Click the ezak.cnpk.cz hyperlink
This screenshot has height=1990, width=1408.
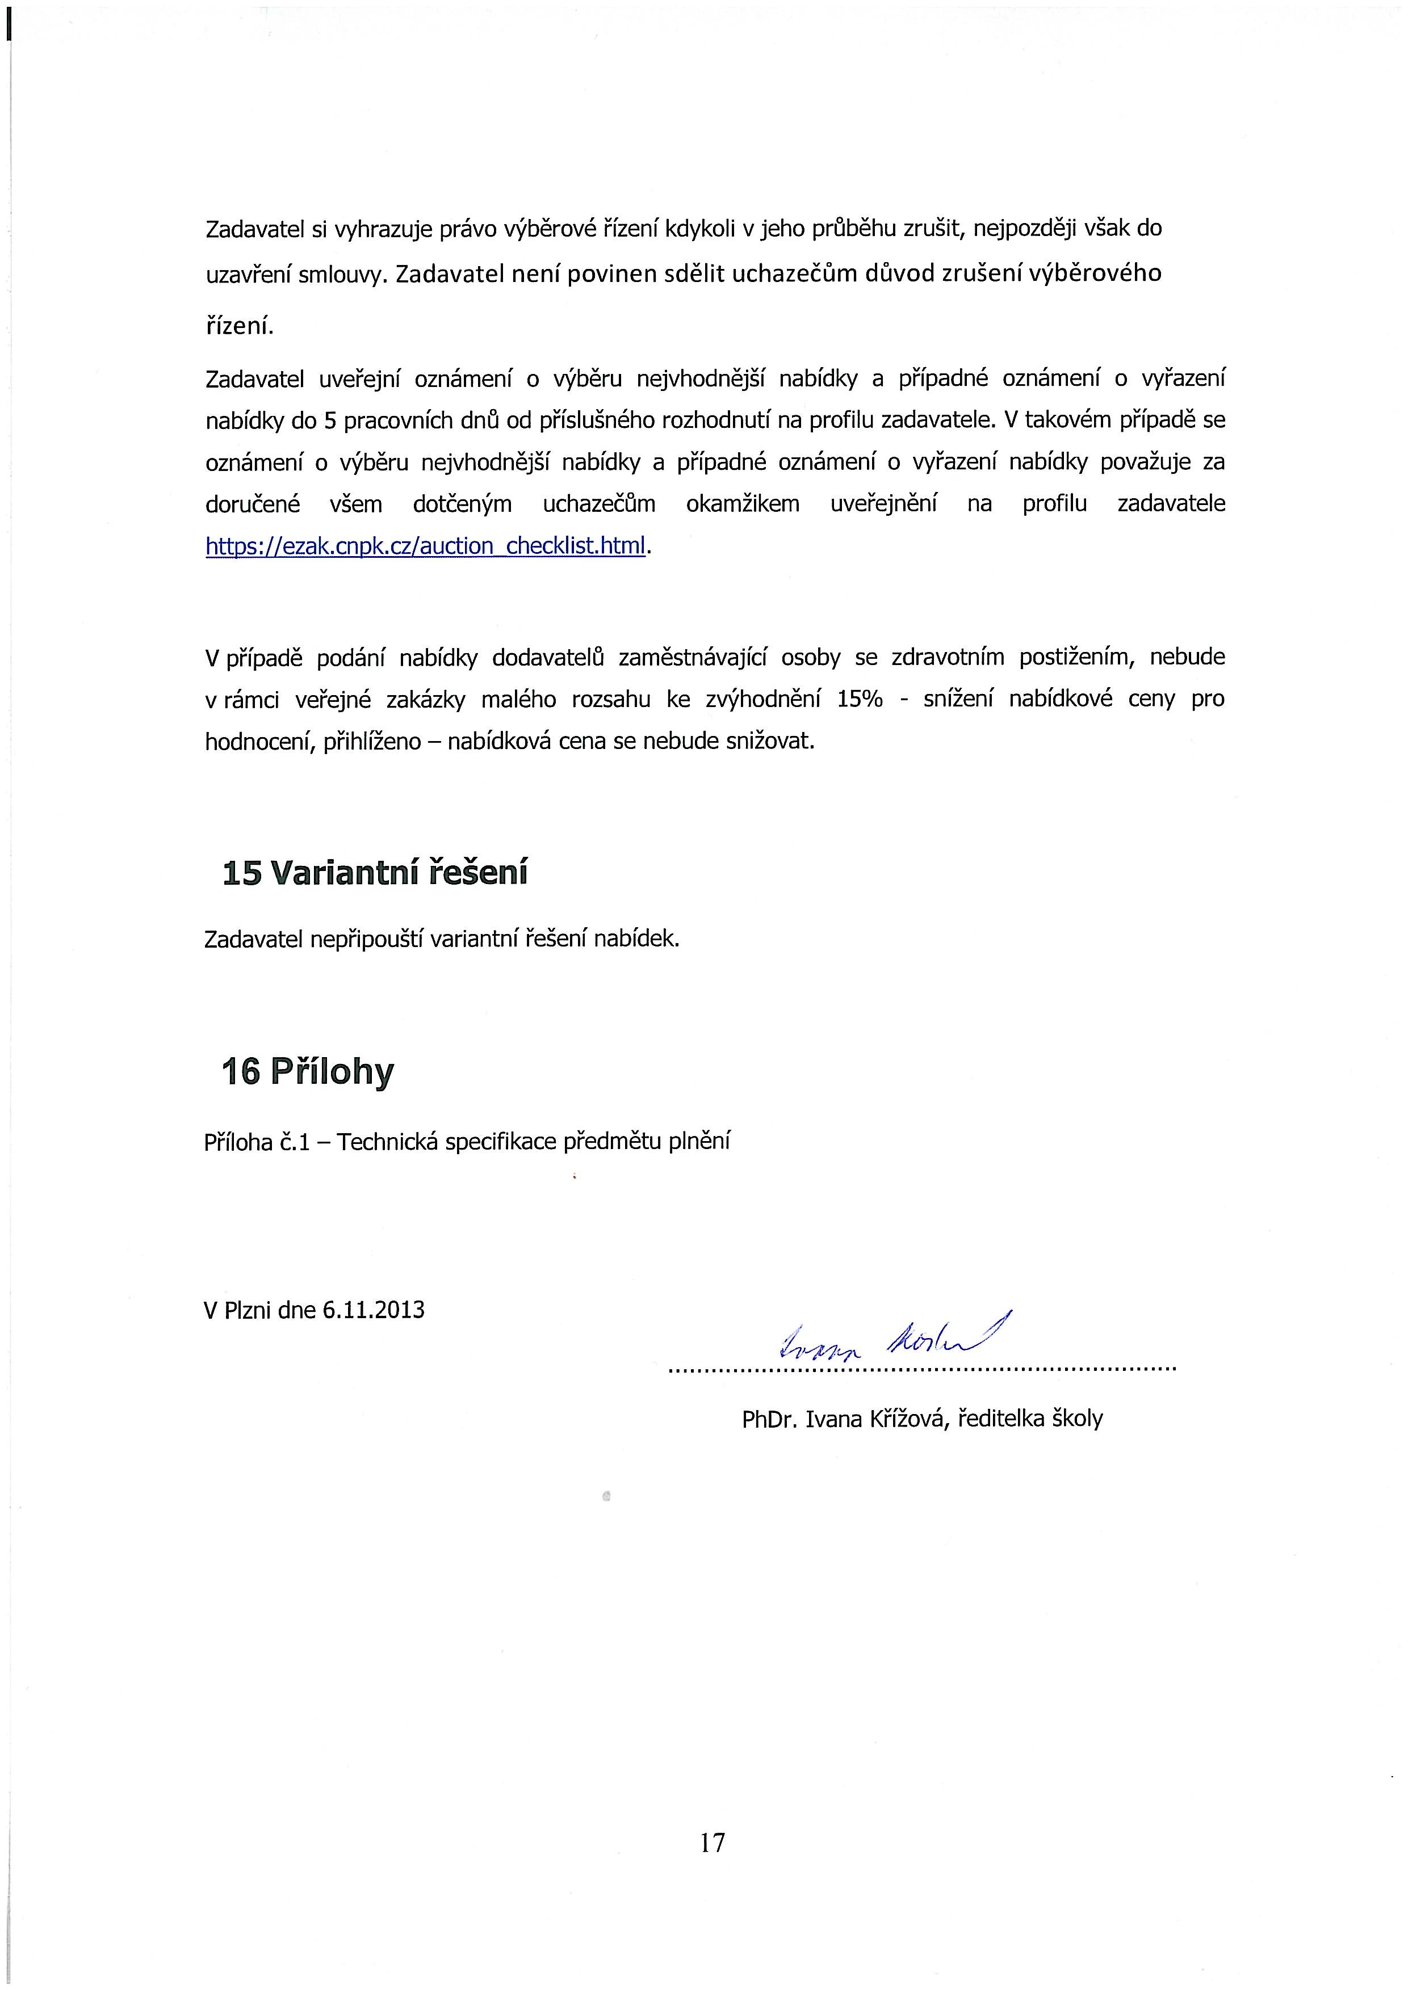[x=426, y=546]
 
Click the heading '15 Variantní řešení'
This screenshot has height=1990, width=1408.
[x=375, y=873]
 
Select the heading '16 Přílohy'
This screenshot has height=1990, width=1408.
[x=308, y=1072]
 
